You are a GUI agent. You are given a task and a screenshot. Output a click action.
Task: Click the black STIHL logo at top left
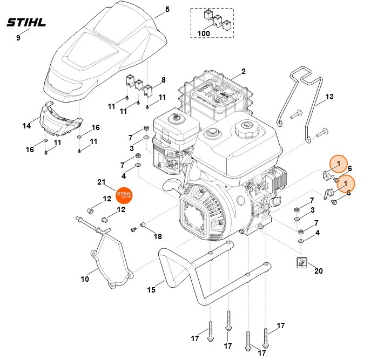[26, 23]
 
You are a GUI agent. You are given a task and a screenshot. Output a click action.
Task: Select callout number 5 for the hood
[167, 9]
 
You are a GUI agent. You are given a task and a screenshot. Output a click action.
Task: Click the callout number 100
[204, 33]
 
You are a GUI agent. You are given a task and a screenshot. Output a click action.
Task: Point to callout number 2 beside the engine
[244, 71]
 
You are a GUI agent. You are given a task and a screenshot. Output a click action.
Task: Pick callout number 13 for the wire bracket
[329, 98]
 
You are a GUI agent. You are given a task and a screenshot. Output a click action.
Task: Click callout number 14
[26, 126]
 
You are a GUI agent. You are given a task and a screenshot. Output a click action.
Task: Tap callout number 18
[157, 236]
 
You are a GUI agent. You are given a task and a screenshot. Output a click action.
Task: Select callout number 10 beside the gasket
[85, 279]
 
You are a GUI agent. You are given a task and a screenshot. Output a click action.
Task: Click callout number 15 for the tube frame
[152, 290]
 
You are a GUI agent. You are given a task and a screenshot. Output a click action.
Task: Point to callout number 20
[318, 270]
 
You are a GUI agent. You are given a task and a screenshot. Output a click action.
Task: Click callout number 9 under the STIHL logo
[18, 37]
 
